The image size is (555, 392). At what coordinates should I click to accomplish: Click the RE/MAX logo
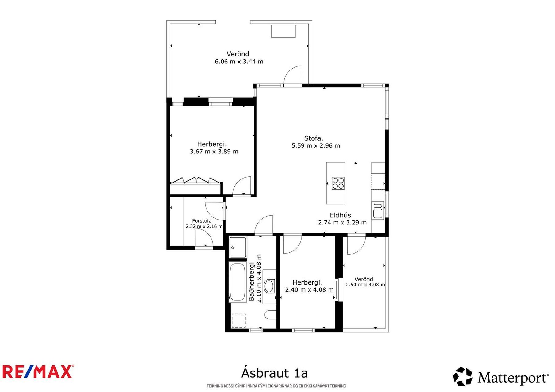[x=38, y=371]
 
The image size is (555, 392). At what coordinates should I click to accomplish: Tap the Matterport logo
[x=500, y=377]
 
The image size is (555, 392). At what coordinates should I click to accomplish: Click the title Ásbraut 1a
[x=274, y=373]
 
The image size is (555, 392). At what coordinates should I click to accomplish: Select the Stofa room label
[x=313, y=138]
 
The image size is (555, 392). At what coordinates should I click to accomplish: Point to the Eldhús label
[x=340, y=215]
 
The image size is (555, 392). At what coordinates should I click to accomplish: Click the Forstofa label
[x=202, y=221]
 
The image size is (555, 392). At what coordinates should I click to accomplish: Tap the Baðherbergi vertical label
[x=252, y=281]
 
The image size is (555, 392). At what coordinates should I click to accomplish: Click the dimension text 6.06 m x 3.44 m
[x=239, y=62]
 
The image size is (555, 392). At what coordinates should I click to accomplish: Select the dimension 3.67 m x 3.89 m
[x=214, y=152]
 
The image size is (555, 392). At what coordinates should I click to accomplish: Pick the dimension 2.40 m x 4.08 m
[x=309, y=290]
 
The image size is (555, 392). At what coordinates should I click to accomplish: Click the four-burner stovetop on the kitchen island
[x=338, y=183]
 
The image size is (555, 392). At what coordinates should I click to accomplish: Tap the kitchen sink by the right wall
[x=378, y=210]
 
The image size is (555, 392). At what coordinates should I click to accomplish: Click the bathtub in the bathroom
[x=238, y=282]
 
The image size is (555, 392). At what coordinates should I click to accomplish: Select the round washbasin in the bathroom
[x=269, y=286]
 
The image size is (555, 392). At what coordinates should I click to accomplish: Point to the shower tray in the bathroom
[x=238, y=247]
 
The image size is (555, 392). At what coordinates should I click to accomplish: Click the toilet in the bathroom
[x=270, y=315]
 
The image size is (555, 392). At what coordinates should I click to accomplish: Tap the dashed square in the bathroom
[x=238, y=320]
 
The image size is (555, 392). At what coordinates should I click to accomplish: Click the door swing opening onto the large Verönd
[x=293, y=75]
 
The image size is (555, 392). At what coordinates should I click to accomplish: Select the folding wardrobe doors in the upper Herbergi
[x=196, y=180]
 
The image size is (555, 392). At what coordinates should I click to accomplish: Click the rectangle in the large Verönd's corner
[x=283, y=31]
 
